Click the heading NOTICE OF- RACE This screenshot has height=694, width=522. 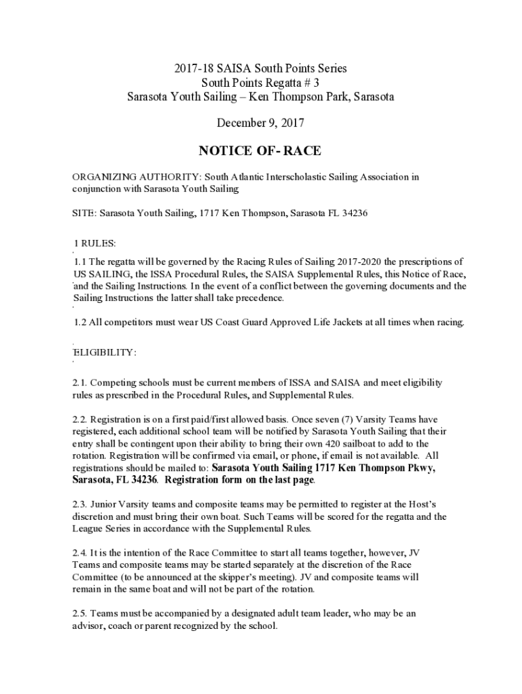point(260,150)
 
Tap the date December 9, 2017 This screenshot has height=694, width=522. point(260,123)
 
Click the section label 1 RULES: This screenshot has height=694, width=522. point(96,243)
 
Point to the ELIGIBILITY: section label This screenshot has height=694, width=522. point(104,352)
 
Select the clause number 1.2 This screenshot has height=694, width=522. point(81,322)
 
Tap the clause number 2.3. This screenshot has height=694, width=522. point(80,504)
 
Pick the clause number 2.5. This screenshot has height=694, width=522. point(80,613)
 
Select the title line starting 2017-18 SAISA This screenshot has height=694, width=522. point(260,68)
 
